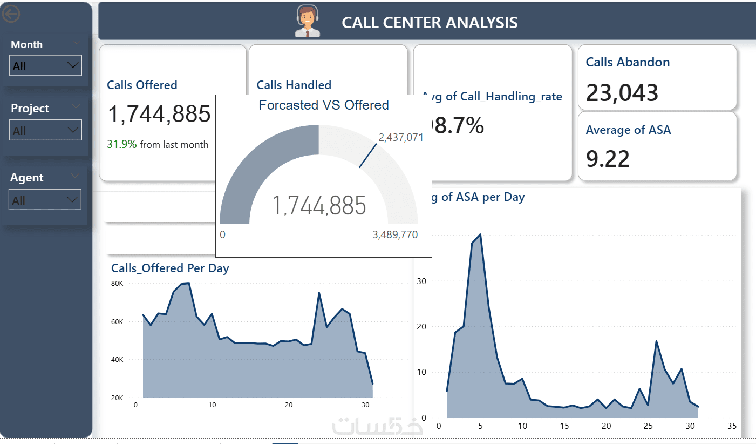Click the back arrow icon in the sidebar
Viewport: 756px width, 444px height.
click(11, 14)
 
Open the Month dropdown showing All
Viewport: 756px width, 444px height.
click(46, 65)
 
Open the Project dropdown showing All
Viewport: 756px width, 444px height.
click(46, 130)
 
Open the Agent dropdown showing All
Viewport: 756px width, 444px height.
click(45, 200)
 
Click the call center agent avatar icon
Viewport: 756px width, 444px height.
click(307, 22)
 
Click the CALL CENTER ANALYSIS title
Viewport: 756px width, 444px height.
click(430, 23)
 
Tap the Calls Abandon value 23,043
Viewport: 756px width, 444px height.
click(622, 93)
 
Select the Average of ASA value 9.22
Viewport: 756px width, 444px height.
click(608, 159)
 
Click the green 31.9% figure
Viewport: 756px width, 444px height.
click(122, 144)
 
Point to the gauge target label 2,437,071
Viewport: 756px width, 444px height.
click(401, 137)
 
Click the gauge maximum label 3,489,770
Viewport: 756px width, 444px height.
click(394, 235)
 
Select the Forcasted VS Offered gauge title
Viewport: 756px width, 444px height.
click(324, 105)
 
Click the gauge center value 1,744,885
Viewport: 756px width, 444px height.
click(319, 206)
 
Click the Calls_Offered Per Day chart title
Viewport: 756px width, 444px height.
click(170, 268)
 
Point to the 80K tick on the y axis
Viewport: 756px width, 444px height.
click(117, 283)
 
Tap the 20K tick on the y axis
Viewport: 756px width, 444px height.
click(117, 398)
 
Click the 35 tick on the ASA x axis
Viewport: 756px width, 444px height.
click(732, 426)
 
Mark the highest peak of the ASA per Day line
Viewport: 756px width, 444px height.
click(480, 234)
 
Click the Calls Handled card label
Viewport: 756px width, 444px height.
click(294, 85)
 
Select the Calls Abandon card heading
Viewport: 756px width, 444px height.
click(628, 62)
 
